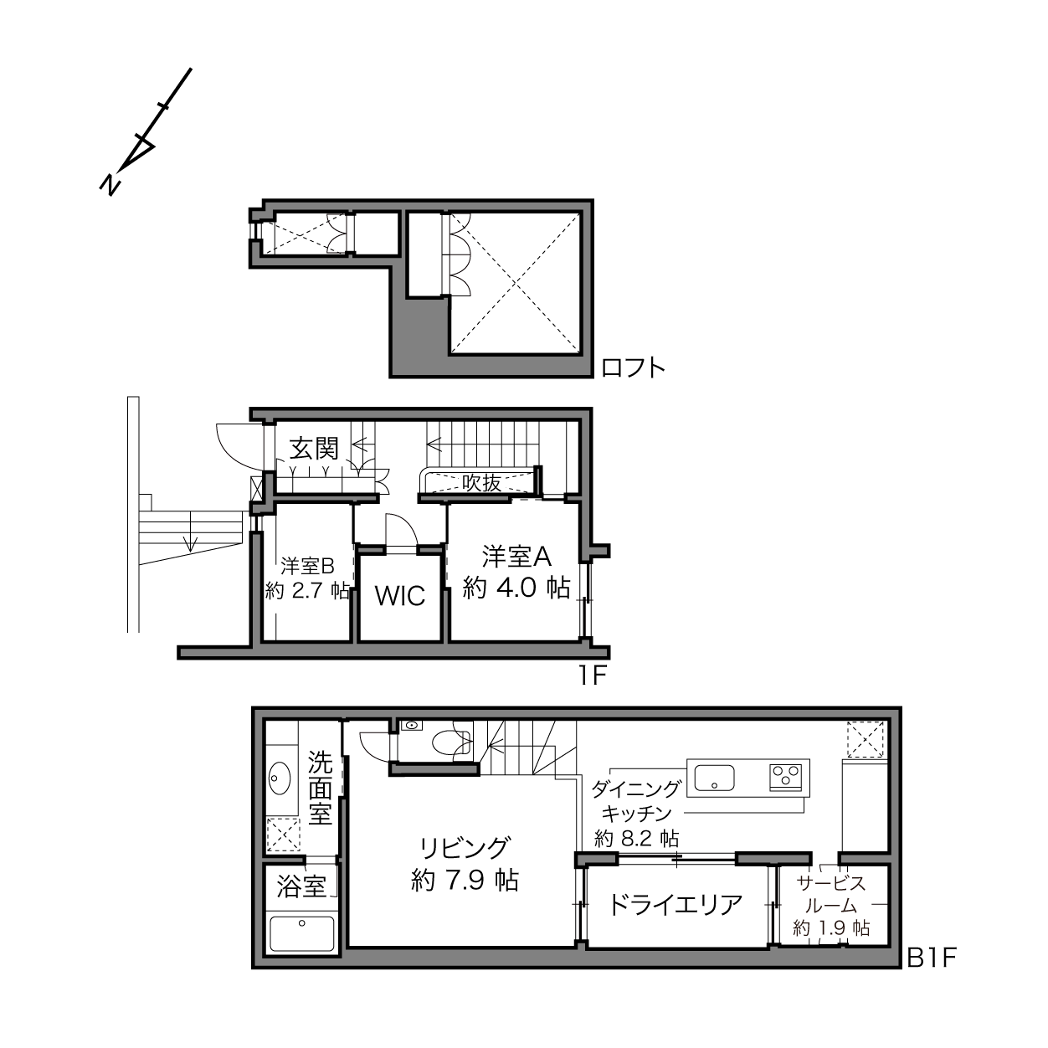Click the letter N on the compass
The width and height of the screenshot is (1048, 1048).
[110, 184]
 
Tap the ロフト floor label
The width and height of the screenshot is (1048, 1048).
[633, 368]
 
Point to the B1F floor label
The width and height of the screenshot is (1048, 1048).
[931, 973]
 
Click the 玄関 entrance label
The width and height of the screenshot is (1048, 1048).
[314, 448]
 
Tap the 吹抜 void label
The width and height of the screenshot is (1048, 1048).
[481, 483]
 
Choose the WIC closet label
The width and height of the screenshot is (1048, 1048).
[400, 596]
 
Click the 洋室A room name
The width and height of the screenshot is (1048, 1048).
[516, 557]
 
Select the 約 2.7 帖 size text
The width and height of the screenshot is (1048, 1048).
[307, 590]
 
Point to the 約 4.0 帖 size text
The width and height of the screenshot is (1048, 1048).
[516, 588]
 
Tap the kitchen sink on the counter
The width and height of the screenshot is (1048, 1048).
[714, 778]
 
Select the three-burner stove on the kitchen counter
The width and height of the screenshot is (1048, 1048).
[786, 778]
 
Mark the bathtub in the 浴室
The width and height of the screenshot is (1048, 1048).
[302, 933]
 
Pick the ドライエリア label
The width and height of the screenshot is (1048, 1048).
[675, 904]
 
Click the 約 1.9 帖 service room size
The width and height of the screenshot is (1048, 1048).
[831, 927]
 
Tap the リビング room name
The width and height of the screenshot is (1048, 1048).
[465, 847]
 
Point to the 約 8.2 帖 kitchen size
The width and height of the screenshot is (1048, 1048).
[637, 839]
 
